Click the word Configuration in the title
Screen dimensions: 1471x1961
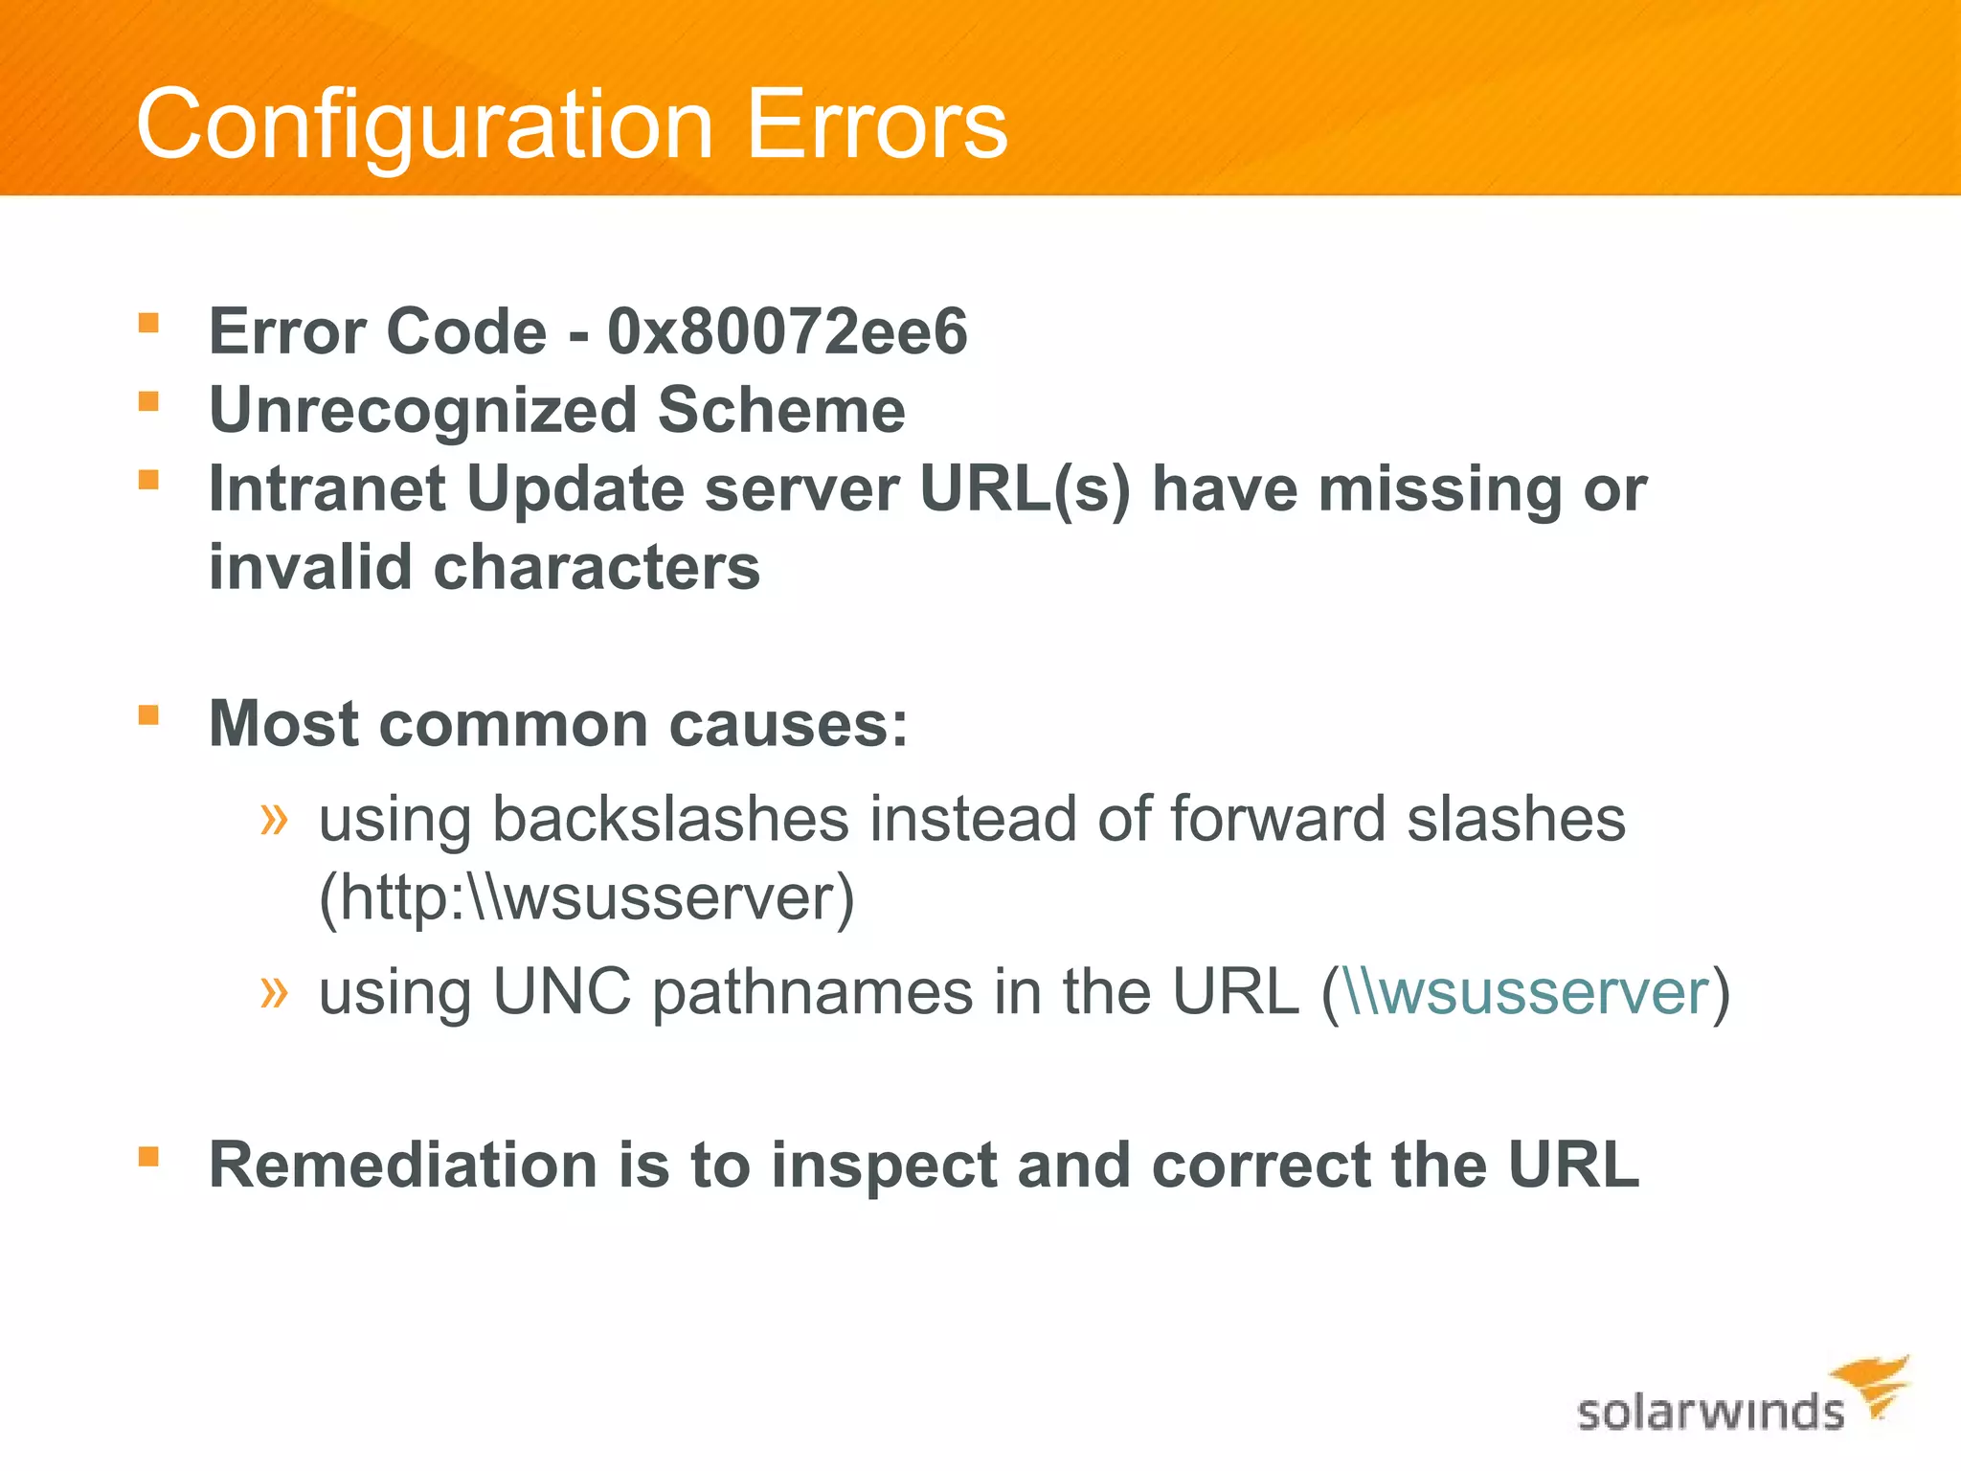(x=424, y=125)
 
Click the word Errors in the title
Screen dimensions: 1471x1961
(x=876, y=125)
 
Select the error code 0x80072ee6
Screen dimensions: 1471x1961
(x=787, y=332)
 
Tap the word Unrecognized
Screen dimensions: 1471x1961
(x=422, y=411)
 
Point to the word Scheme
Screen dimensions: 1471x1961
(x=781, y=411)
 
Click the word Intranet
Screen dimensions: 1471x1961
(x=327, y=489)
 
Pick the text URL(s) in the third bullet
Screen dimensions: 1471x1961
(x=1025, y=489)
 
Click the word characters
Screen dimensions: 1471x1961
(x=597, y=568)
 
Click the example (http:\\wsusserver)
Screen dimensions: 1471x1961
(x=586, y=899)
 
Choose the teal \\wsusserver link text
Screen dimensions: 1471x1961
(x=1526, y=993)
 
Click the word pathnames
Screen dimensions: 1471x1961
(x=812, y=993)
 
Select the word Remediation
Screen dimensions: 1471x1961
(x=403, y=1165)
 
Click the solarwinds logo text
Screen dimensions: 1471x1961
(x=1710, y=1413)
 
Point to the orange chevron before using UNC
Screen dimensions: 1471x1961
(x=274, y=991)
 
